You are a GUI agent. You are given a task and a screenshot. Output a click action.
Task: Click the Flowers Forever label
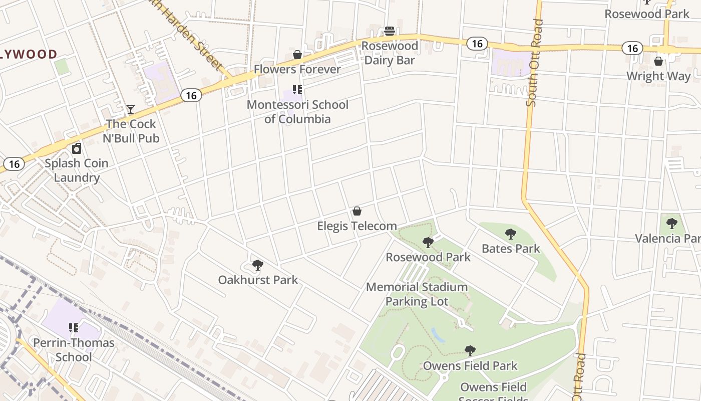[x=297, y=69]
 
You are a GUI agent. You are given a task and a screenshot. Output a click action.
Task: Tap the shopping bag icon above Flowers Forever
[x=297, y=55]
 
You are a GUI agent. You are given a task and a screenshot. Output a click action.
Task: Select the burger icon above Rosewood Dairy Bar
[x=390, y=31]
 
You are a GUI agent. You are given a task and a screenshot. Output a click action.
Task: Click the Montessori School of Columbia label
[x=297, y=112]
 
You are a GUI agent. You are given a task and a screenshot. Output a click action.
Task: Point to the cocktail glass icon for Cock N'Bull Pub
[x=131, y=109]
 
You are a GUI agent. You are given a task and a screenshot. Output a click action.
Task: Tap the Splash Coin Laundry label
[x=77, y=170]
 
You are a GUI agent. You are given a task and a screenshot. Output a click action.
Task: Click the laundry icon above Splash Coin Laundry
[x=77, y=148]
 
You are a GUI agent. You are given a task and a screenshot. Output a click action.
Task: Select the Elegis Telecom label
[x=357, y=226]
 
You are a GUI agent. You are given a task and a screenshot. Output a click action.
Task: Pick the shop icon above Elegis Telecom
[x=357, y=211]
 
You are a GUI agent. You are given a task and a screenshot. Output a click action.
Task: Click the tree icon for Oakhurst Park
[x=258, y=265]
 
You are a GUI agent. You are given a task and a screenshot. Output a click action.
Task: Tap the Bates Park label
[x=511, y=249]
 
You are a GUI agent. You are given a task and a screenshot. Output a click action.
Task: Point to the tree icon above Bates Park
[x=511, y=234]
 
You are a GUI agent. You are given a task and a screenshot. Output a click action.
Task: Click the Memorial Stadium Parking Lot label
[x=417, y=294]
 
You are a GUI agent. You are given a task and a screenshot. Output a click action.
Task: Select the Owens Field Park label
[x=470, y=366]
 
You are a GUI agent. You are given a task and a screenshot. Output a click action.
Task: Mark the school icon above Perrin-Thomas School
[x=74, y=328]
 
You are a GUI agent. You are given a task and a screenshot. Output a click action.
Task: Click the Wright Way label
[x=658, y=76]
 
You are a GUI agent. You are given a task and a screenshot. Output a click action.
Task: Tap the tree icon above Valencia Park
[x=672, y=224]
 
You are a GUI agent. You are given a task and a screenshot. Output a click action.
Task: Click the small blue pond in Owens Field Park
[x=438, y=335]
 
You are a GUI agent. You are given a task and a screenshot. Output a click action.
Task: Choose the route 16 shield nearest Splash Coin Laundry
[x=14, y=164]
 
